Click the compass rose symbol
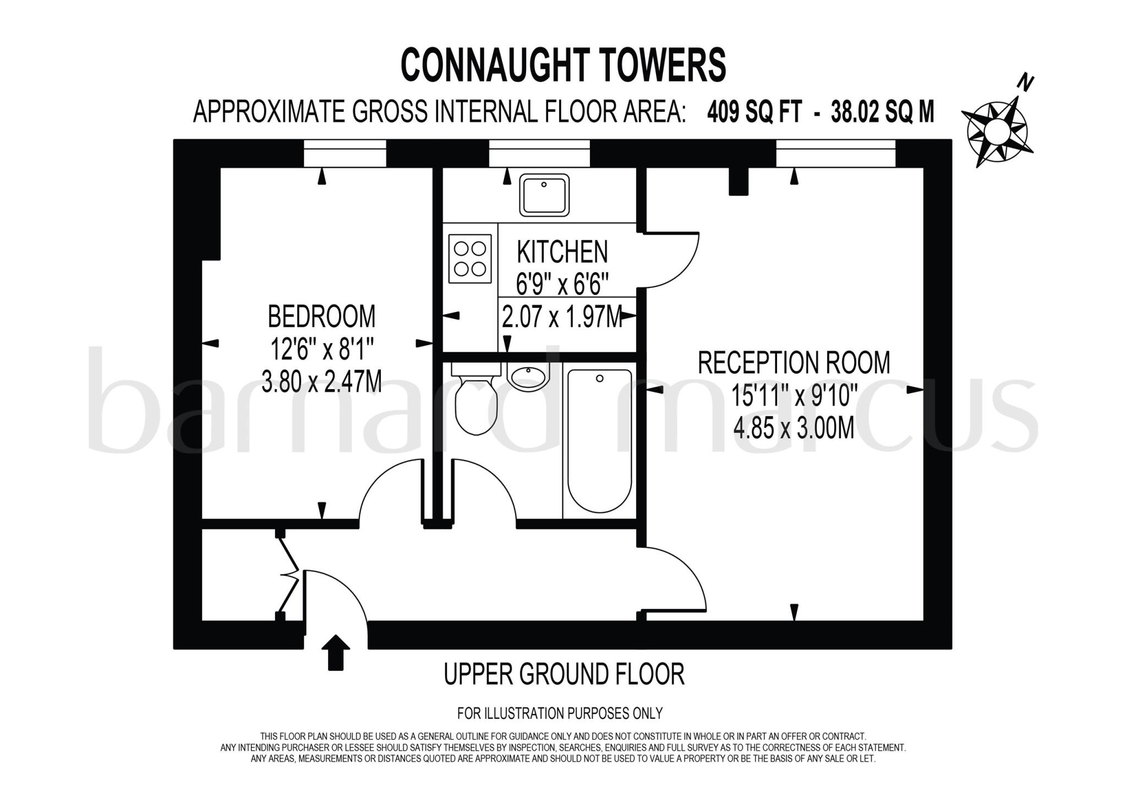997,131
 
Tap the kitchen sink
544,195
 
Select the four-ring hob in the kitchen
470,258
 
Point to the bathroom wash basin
528,378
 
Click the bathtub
599,440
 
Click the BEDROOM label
321,317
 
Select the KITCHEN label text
562,252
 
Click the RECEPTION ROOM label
794,363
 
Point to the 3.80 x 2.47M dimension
321,381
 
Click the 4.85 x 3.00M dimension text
794,428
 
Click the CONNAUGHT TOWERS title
563,65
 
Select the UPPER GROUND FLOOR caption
564,674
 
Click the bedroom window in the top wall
344,153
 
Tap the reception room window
835,153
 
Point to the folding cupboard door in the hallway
288,573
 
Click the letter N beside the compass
1025,83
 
